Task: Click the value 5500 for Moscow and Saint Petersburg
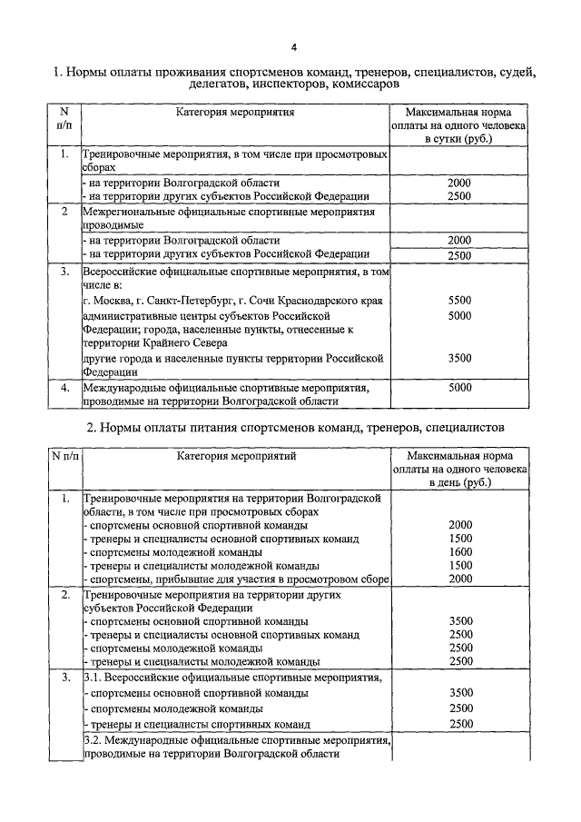tap(459, 300)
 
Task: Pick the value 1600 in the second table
tap(460, 551)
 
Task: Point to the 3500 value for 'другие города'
tap(459, 358)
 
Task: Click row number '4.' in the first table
tap(64, 387)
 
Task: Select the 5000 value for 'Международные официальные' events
tap(459, 387)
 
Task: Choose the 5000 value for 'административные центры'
tap(459, 315)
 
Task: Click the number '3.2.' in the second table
tap(94, 741)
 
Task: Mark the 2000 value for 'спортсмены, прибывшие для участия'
tap(460, 579)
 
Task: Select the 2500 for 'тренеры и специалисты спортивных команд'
tap(460, 724)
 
